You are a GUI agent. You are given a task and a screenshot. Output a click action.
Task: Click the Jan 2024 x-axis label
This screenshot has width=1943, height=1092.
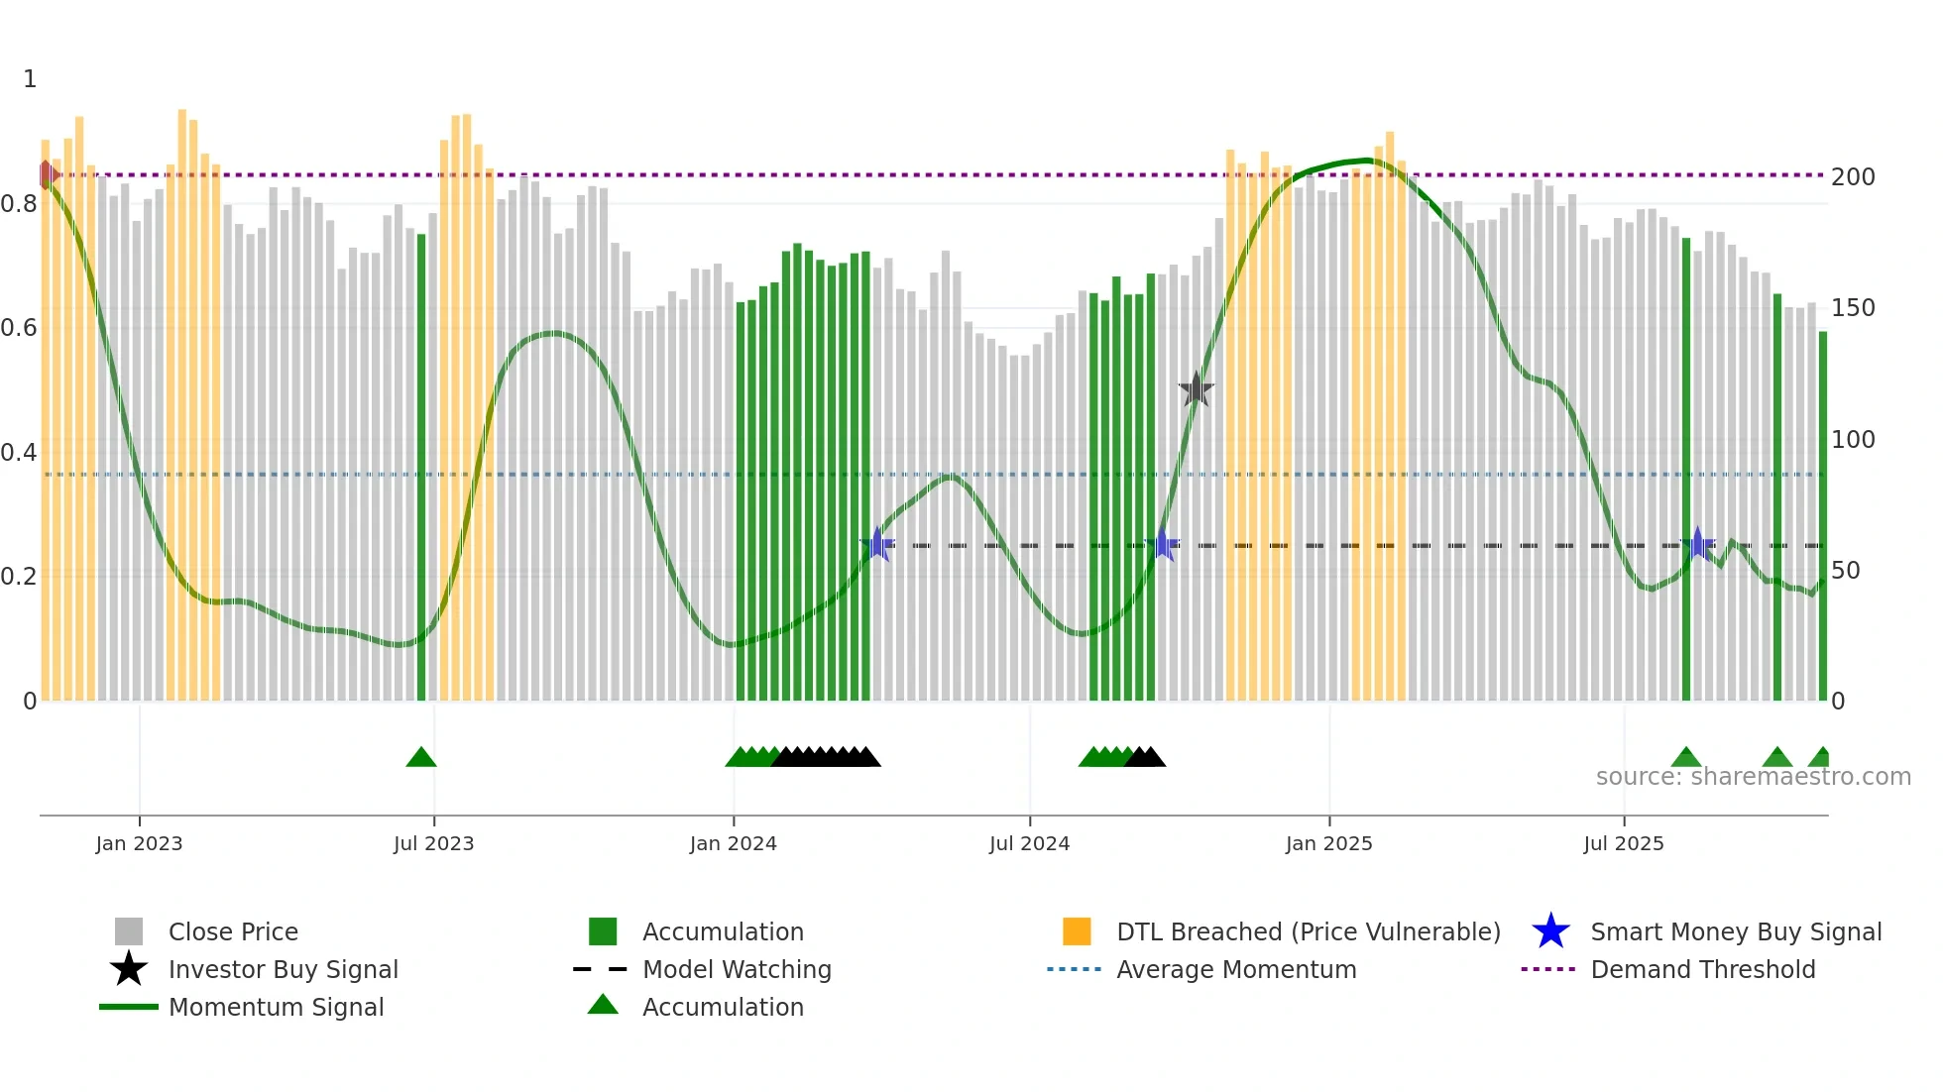(733, 843)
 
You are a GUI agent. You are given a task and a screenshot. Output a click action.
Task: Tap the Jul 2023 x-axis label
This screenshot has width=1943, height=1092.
(433, 843)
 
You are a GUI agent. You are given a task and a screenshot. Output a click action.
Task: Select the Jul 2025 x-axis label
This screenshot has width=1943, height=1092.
(1623, 843)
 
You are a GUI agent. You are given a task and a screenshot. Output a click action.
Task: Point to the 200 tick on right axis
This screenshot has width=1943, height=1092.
(1853, 177)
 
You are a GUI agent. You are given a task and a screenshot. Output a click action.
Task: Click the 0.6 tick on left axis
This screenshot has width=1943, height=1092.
(20, 328)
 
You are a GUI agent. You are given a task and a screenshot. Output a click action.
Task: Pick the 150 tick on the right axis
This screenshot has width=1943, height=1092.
(1853, 308)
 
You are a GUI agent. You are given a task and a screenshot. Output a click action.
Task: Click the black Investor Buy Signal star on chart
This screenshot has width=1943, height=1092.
(1197, 389)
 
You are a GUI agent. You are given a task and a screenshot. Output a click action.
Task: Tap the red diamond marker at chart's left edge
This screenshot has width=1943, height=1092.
(47, 175)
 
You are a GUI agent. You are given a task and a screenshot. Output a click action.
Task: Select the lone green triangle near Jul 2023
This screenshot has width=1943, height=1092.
(421, 758)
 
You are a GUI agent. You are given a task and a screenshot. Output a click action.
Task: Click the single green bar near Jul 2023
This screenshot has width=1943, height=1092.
(421, 466)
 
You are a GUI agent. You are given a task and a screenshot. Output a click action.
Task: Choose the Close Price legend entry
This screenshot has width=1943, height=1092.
(232, 931)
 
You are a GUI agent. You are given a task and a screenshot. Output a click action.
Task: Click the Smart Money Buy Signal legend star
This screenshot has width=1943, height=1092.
(1550, 931)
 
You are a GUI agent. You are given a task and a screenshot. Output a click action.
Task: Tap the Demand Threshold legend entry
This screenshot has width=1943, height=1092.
(1702, 969)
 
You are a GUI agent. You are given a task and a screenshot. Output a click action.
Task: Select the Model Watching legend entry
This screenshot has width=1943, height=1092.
(736, 969)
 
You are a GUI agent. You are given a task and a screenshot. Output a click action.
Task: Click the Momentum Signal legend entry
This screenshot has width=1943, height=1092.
(276, 1007)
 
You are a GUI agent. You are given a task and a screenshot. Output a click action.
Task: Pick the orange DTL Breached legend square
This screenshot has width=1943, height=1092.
(1077, 931)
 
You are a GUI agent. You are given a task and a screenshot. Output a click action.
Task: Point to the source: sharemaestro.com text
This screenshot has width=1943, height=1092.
(1753, 777)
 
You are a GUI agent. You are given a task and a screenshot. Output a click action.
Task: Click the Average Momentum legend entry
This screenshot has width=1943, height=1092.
(1235, 969)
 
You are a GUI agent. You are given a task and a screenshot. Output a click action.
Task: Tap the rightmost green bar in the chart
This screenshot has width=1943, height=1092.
(1822, 515)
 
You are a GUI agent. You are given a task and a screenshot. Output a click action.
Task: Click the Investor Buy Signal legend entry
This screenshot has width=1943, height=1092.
(283, 969)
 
